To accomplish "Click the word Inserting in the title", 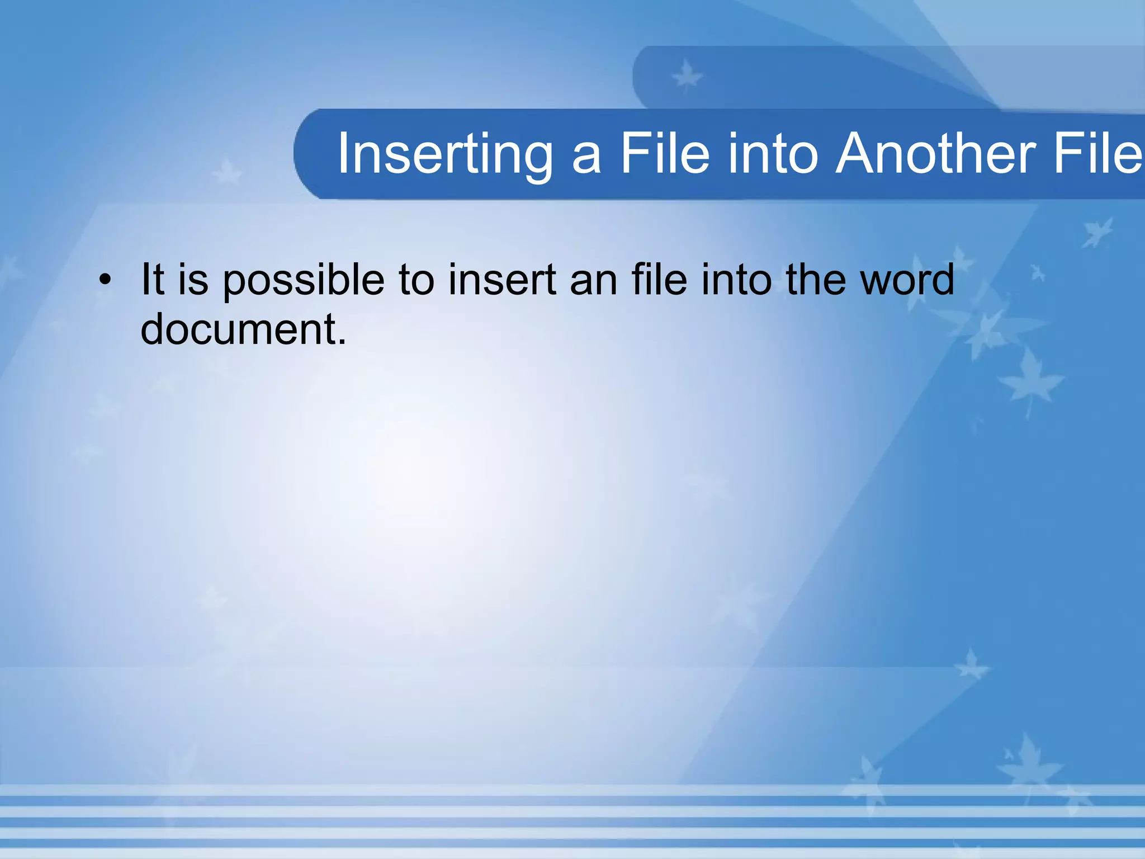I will [x=444, y=154].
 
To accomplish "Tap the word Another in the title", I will [x=935, y=154].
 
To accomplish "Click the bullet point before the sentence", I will [x=105, y=280].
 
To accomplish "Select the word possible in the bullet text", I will [x=303, y=281].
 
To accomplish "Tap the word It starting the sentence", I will [x=152, y=279].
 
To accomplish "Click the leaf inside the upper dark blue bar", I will [x=686, y=77].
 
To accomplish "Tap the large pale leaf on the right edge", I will [x=1030, y=380].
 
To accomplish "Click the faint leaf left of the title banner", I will [x=226, y=173].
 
